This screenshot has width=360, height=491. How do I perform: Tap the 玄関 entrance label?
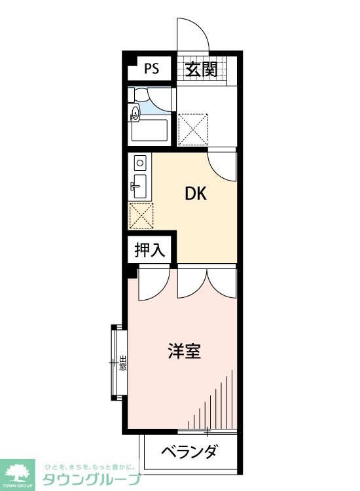click(x=200, y=69)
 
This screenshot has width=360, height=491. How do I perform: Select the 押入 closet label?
click(x=149, y=249)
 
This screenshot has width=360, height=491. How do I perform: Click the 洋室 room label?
click(x=183, y=352)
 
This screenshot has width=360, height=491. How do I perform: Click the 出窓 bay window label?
click(x=122, y=362)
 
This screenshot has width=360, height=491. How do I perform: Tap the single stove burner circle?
click(x=139, y=162)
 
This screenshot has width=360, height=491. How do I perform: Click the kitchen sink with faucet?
click(x=139, y=186)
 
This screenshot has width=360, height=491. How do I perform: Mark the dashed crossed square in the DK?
click(x=141, y=215)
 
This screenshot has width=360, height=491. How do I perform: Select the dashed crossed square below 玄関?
click(x=193, y=128)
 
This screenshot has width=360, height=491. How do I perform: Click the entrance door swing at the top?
click(x=192, y=33)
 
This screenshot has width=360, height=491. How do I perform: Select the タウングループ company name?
click(x=92, y=480)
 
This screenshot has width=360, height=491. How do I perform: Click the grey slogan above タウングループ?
click(x=90, y=467)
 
